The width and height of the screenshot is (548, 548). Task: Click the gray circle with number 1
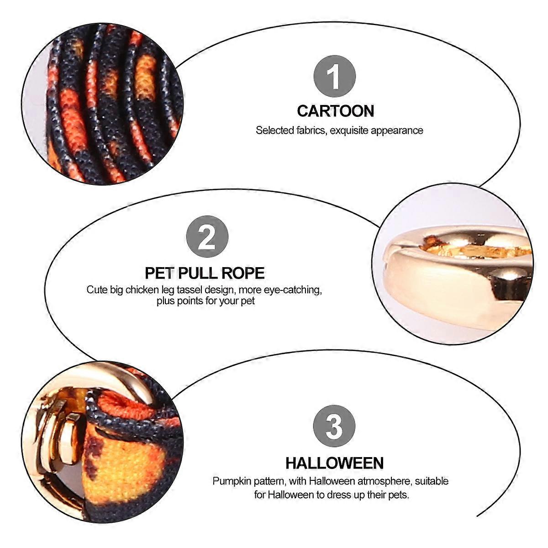(334, 76)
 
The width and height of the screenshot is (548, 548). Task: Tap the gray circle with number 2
(207, 236)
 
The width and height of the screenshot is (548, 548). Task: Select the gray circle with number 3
(334, 426)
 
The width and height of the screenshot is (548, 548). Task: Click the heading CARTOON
(336, 111)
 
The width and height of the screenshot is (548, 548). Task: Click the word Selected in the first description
(275, 131)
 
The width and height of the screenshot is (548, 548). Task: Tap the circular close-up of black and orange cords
(102, 104)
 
